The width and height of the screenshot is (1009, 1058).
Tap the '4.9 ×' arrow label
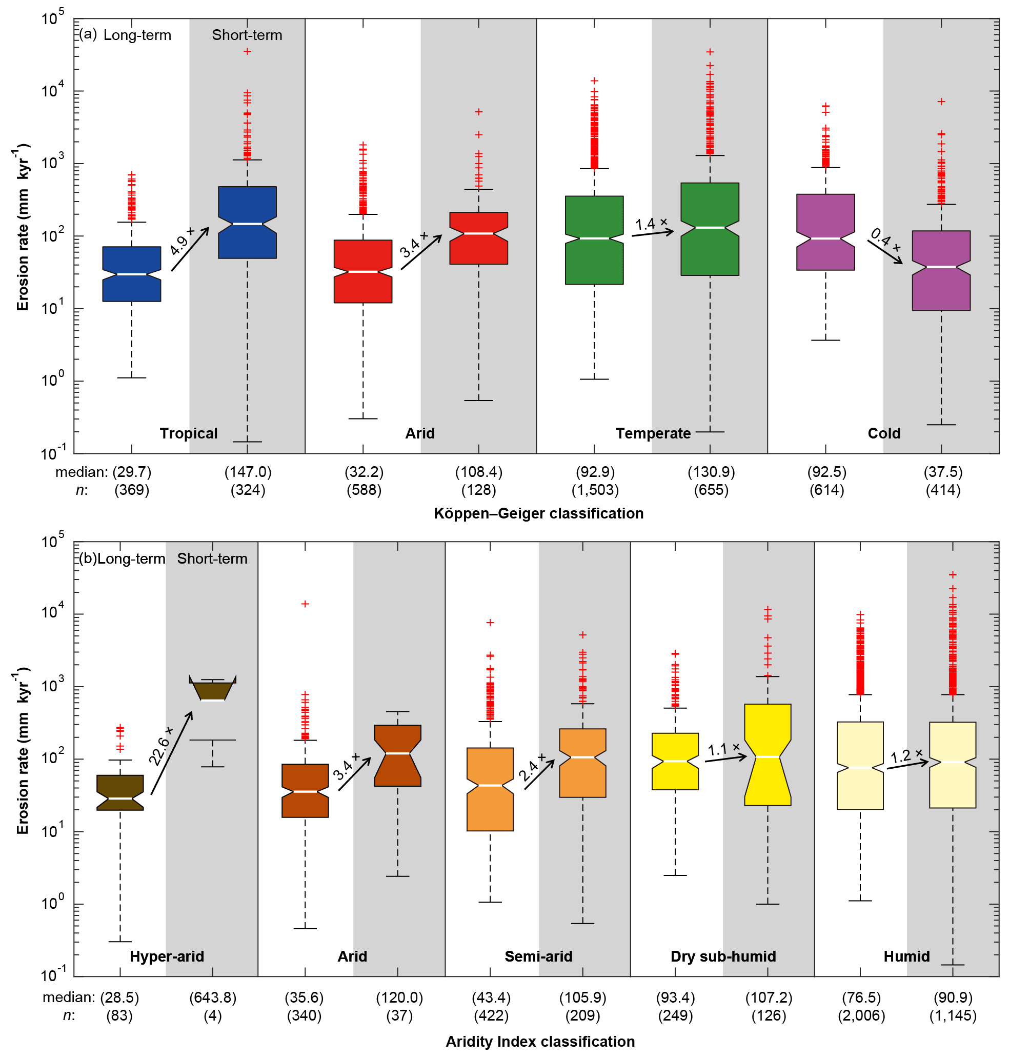(182, 241)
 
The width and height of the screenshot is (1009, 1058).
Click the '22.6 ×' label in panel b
(162, 746)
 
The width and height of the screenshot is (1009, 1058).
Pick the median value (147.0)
(248, 472)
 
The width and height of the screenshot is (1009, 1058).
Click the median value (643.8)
(213, 998)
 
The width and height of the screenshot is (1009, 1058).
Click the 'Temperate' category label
(653, 433)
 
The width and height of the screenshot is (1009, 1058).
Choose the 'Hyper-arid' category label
(167, 956)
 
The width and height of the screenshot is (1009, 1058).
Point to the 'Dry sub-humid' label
(723, 956)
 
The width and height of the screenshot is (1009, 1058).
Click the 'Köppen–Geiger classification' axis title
(538, 514)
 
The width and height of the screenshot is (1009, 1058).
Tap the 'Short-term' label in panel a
(247, 35)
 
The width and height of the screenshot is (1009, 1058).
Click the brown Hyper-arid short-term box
(213, 690)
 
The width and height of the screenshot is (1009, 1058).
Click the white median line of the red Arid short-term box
(479, 233)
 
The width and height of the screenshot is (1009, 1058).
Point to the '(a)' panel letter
(88, 34)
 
